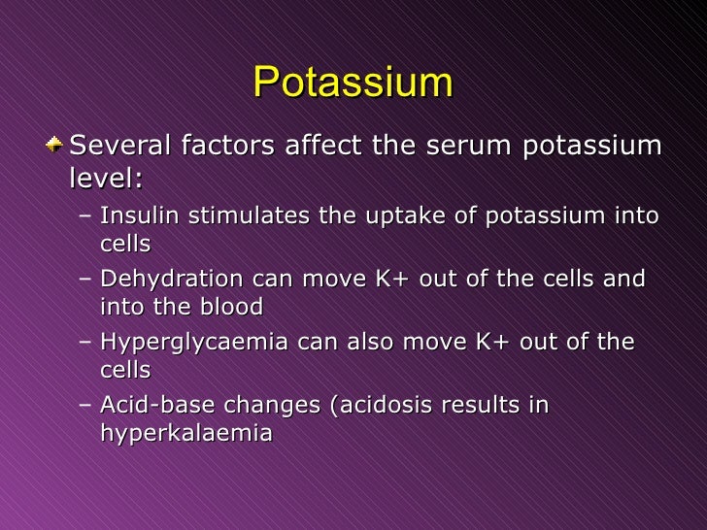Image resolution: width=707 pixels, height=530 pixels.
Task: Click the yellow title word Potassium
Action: click(353, 83)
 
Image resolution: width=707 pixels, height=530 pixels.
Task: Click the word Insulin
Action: click(134, 215)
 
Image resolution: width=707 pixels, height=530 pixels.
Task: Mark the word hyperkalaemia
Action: click(185, 434)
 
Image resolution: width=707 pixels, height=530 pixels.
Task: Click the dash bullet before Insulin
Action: click(85, 215)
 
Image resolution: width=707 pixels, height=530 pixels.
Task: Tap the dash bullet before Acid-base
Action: click(85, 406)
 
